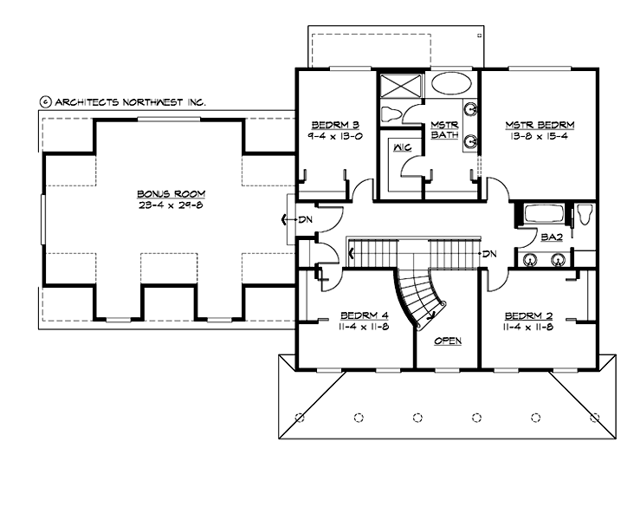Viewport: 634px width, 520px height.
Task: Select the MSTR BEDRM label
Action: pyautogui.click(x=540, y=125)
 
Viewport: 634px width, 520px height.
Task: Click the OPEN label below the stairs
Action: pyautogui.click(x=448, y=341)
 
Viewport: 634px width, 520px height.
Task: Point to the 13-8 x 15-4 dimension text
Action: pyautogui.click(x=540, y=136)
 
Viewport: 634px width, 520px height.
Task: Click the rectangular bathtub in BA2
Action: pyautogui.click(x=539, y=213)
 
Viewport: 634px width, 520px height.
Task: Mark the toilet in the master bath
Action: pyautogui.click(x=391, y=113)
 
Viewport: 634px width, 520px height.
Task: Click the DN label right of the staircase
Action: pyautogui.click(x=489, y=254)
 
